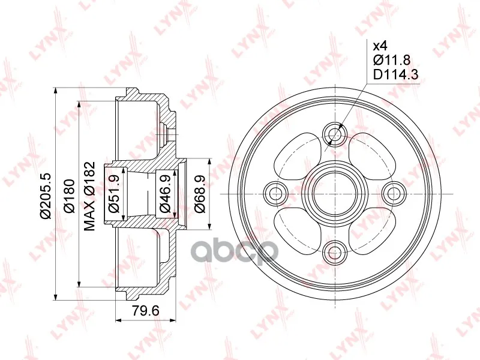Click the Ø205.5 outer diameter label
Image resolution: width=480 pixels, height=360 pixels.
click(46, 196)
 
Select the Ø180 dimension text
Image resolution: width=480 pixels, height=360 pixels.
click(68, 196)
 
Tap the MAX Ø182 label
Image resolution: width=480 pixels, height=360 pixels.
click(89, 196)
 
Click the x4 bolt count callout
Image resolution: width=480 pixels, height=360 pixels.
click(380, 46)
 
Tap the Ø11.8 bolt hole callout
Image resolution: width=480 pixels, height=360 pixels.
click(392, 61)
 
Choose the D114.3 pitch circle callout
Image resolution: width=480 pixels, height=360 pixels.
click(395, 74)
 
